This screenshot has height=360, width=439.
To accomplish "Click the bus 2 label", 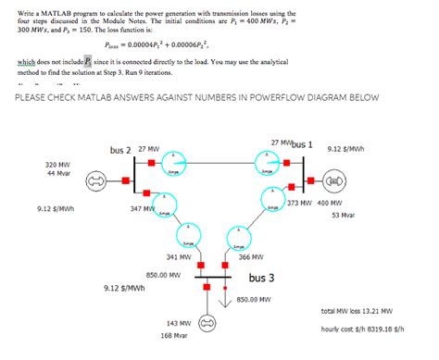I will coord(120,150).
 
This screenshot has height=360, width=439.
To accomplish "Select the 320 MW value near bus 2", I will coord(31,164).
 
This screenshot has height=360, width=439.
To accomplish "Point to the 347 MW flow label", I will coord(144,210).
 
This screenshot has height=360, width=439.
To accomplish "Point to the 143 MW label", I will coord(179,323).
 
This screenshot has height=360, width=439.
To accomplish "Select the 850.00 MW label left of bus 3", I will coord(163,274).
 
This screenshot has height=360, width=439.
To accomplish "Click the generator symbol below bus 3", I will coord(207,323).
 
